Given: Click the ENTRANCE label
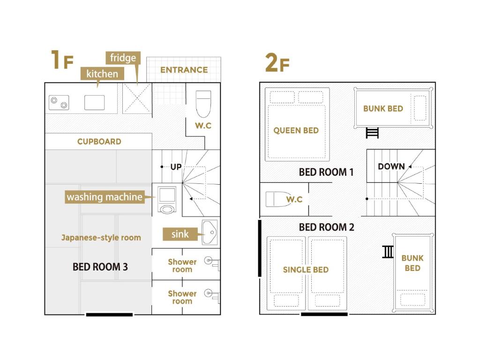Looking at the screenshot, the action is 184,70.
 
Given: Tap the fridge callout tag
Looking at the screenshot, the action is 123,58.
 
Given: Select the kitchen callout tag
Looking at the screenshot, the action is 102,74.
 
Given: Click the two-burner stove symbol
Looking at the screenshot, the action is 59,103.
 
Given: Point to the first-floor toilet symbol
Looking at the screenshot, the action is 203,104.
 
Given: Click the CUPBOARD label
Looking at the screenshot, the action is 99,142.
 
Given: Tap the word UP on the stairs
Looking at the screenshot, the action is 176,167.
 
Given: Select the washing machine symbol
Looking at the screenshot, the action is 166,200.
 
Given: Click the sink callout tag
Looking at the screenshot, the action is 180,234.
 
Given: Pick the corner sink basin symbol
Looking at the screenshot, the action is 210,232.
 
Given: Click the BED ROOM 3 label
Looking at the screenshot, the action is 100,267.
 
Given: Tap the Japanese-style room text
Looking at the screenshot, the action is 101,238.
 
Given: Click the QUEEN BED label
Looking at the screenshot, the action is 296,131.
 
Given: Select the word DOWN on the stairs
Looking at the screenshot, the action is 391,166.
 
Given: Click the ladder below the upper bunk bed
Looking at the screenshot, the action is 372,133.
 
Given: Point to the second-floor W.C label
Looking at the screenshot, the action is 294,199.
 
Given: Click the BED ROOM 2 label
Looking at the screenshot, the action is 326,227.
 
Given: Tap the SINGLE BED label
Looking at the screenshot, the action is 306,270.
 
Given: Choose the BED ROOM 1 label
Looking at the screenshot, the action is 326,172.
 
